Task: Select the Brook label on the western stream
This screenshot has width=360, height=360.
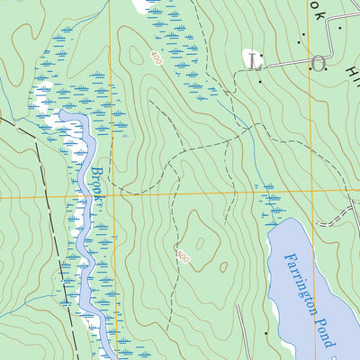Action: click(96, 184)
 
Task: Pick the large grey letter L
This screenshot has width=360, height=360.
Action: click(256, 63)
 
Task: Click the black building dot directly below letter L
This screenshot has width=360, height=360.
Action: click(260, 80)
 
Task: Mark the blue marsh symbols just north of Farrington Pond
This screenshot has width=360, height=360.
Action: click(269, 203)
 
